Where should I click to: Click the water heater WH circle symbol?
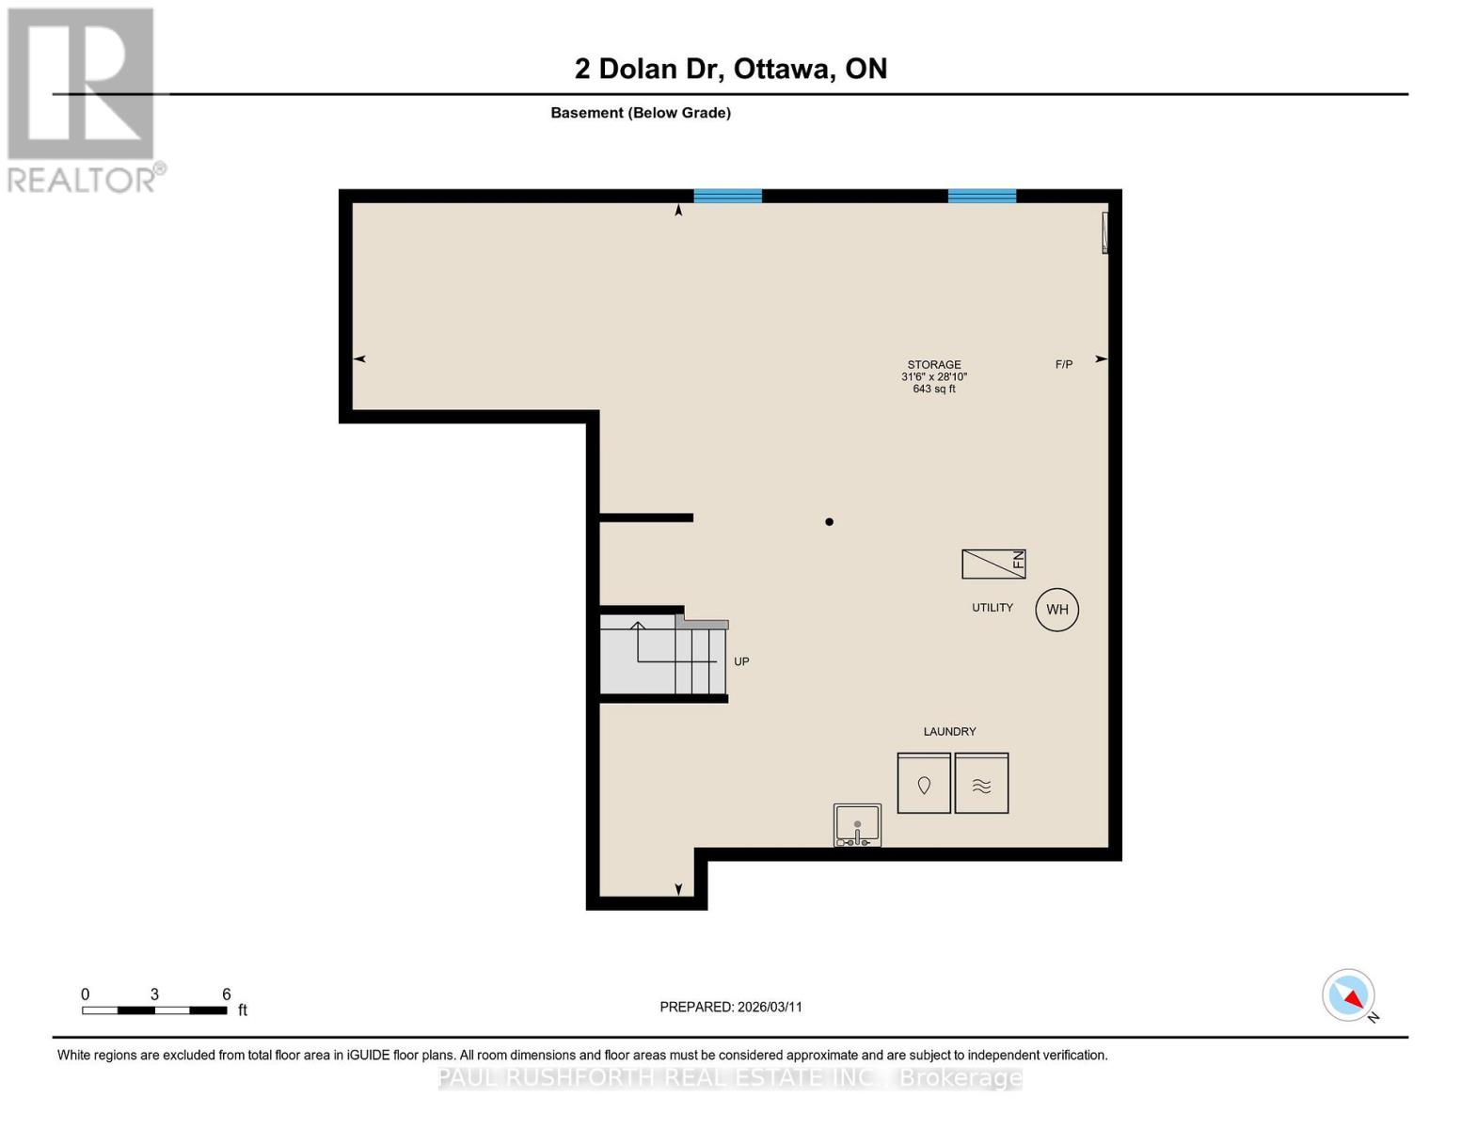coord(1056,610)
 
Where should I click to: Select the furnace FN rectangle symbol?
coord(993,564)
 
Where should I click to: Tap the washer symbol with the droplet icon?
coord(924,784)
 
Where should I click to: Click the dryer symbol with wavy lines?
coord(981,784)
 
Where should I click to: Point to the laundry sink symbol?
coord(857,825)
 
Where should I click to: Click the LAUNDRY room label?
coord(949,731)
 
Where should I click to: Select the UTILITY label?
coord(993,608)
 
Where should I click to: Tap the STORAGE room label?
coord(934,365)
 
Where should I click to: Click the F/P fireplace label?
coord(1064,364)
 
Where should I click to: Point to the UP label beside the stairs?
coord(741,661)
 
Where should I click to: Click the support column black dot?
coord(829,522)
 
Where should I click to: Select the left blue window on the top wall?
coord(727,196)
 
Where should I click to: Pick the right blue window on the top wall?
coord(982,196)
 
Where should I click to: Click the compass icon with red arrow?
coord(1349,995)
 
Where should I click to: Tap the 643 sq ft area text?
coord(934,390)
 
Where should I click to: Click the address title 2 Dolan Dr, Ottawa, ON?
coord(731,69)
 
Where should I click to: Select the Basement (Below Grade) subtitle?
coord(641,113)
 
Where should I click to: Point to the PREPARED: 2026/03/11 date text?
coord(731,1007)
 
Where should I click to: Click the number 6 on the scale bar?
coord(226,994)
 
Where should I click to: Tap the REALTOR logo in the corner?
coord(83,99)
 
